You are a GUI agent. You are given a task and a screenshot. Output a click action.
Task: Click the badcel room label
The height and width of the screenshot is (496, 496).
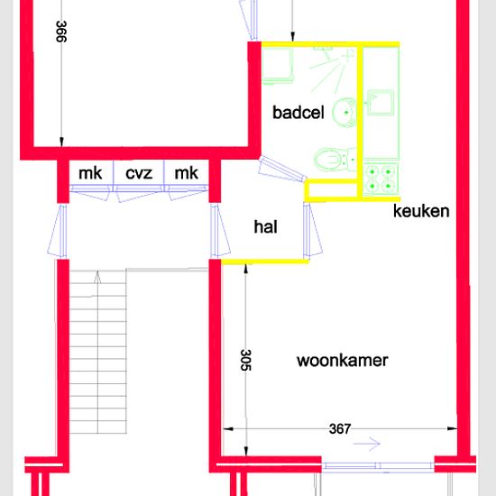click(299, 113)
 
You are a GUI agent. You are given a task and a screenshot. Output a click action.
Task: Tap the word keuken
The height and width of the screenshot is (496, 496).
click(421, 211)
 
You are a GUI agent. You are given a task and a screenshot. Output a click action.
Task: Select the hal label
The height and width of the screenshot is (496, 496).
click(265, 226)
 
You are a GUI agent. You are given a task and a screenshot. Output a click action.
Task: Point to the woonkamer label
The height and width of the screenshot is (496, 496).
click(343, 361)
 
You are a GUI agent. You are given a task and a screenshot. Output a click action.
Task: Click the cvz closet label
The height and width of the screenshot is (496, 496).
click(139, 173)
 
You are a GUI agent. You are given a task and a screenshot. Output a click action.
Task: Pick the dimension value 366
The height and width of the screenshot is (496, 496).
click(61, 32)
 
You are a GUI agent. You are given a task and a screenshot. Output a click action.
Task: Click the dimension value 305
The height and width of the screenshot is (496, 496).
click(246, 360)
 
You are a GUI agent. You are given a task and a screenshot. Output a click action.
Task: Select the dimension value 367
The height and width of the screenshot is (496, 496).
click(340, 429)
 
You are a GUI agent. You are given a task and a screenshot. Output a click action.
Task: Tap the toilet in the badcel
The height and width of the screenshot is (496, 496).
click(335, 160)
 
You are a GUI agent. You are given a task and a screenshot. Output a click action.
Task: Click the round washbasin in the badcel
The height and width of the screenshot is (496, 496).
click(344, 113)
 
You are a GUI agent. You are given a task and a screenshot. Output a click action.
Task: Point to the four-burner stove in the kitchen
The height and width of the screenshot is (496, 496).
click(381, 179)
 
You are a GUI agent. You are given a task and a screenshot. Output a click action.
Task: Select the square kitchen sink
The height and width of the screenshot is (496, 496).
click(381, 102)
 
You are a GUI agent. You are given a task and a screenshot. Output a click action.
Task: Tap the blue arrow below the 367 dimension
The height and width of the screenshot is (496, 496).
click(367, 444)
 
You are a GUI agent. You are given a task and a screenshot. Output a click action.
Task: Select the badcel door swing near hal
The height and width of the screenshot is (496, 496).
click(281, 170)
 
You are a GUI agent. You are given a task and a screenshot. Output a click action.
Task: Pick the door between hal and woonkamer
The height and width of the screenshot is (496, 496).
click(313, 231)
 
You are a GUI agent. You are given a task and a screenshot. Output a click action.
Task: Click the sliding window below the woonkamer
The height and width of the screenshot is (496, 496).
click(378, 465)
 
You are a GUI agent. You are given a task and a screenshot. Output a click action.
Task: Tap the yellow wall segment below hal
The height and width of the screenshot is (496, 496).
click(265, 262)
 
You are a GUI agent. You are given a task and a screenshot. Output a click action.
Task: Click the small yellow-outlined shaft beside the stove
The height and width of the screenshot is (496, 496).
click(333, 190)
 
